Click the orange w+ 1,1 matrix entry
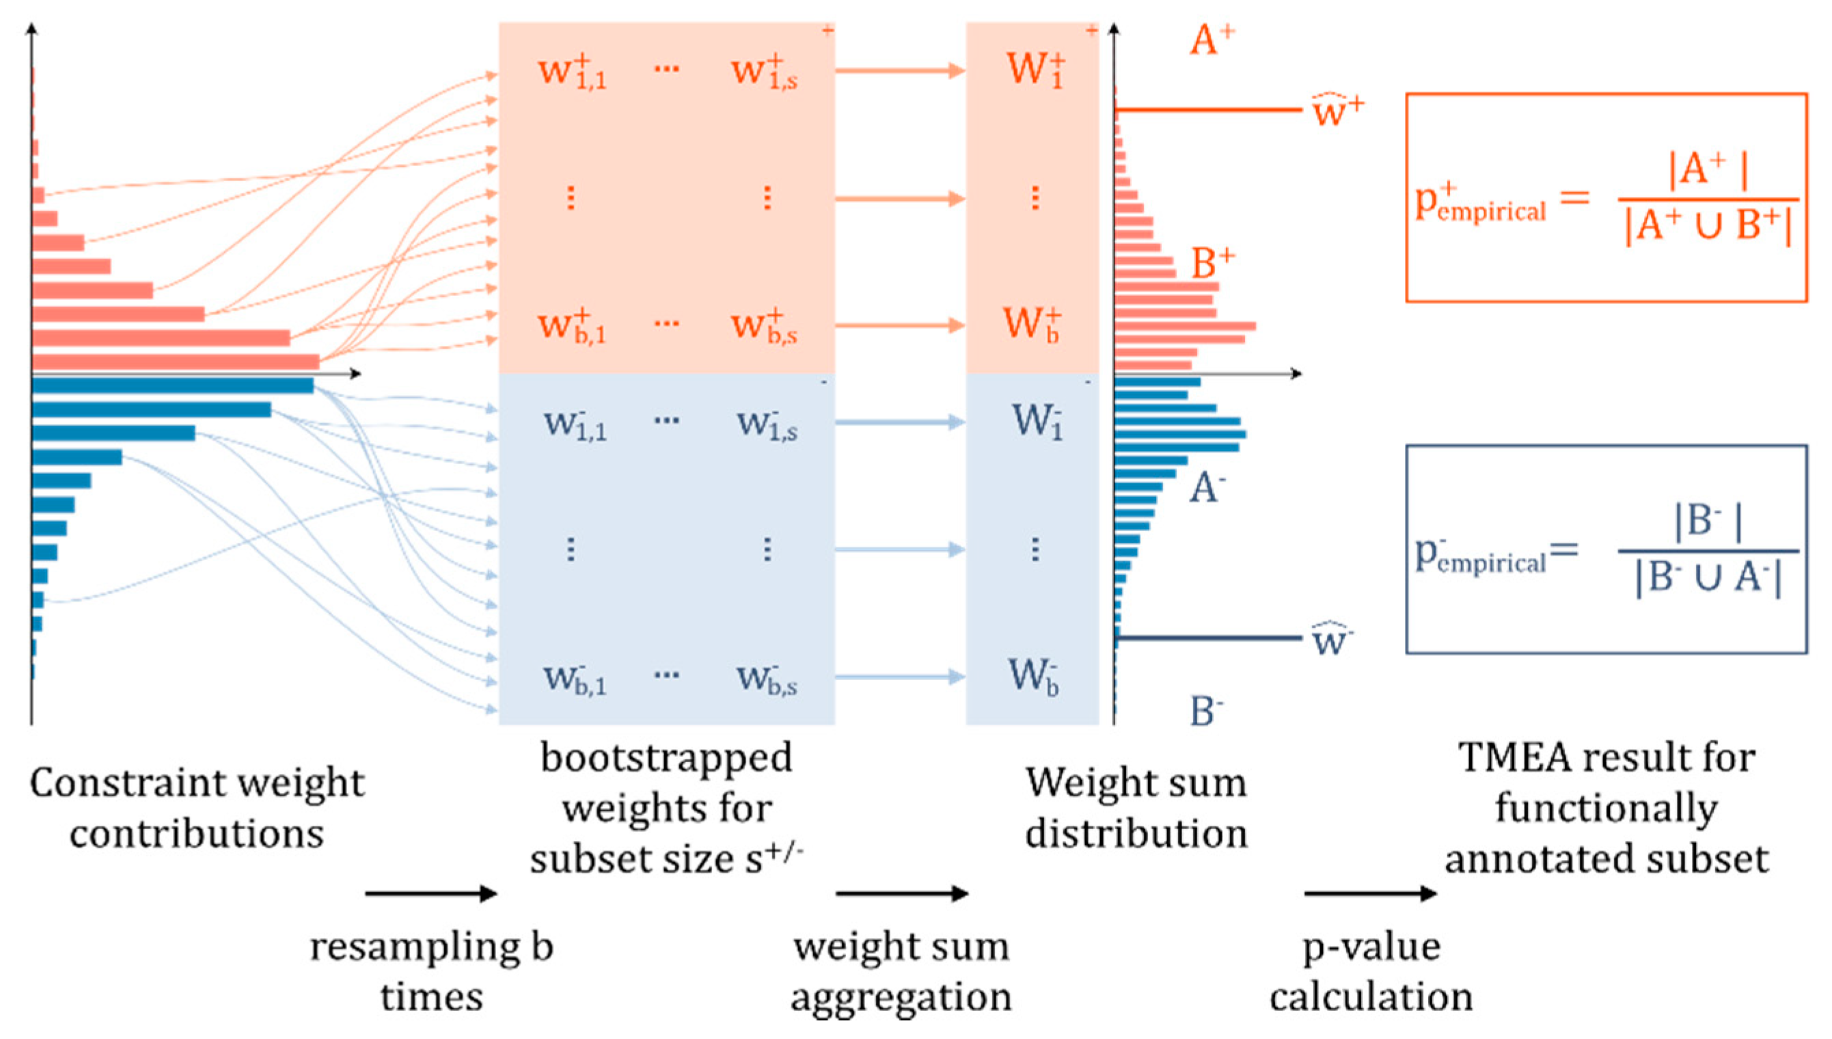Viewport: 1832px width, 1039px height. click(572, 72)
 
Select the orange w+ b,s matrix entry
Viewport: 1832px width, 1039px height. click(765, 327)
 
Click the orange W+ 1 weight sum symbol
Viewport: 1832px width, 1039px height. click(1035, 70)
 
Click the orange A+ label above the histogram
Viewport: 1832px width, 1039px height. click(1212, 40)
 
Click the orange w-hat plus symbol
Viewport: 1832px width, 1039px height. click(1337, 111)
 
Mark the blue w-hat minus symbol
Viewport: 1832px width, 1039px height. click(1331, 638)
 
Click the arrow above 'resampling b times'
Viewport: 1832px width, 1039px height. click(431, 893)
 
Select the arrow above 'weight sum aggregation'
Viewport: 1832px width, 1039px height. click(902, 893)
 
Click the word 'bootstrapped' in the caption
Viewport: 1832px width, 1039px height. click(666, 758)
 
